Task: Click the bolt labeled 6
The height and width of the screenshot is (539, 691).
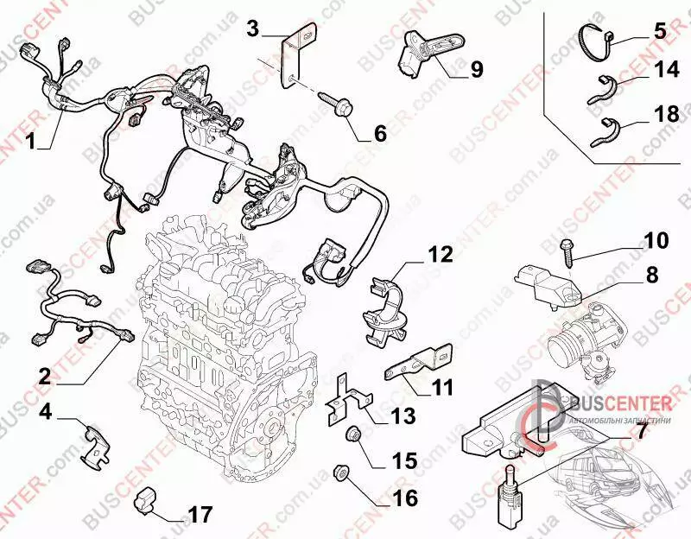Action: pyautogui.click(x=338, y=105)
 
